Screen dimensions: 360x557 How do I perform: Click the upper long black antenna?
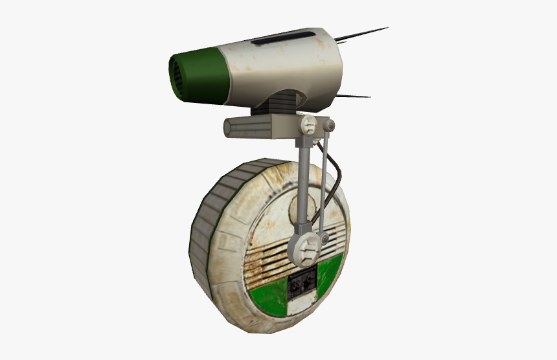[366, 32]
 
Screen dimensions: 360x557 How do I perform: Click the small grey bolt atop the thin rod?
[330, 124]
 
